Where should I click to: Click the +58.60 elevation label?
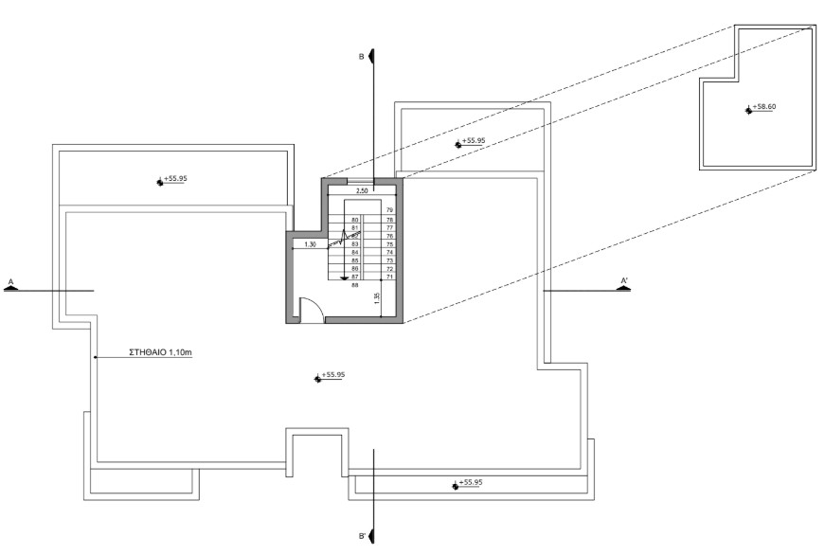point(764,108)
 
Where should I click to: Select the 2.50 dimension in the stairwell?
point(361,191)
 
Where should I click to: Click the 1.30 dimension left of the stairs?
point(309,244)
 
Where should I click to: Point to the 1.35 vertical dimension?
point(376,297)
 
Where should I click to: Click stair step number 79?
point(389,209)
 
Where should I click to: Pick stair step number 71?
point(389,277)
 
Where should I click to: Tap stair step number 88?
point(355,284)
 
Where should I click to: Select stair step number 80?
point(355,220)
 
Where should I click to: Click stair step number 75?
point(389,243)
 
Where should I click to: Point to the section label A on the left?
point(10,281)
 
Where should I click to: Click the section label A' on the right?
point(623,280)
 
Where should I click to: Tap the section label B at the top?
point(361,57)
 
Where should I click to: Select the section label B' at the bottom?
point(362,536)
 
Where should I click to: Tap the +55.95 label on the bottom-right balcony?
point(473,483)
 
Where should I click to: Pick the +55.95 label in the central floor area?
point(333,375)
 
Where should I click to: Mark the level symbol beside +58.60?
point(748,110)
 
